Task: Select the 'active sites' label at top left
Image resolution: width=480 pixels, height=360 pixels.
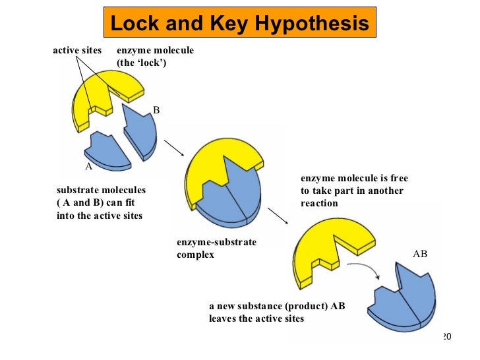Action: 78,50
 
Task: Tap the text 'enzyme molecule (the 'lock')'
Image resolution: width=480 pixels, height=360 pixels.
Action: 156,57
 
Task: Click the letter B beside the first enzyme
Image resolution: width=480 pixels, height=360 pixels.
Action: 156,110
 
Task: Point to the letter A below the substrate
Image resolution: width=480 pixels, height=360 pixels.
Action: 88,166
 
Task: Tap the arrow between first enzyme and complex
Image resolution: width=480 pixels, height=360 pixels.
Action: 173,148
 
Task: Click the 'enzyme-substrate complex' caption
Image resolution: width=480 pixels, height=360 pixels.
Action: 216,249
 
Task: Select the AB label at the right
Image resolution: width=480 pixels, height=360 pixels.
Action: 420,253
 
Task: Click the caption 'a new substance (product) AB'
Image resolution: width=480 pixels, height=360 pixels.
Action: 277,307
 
